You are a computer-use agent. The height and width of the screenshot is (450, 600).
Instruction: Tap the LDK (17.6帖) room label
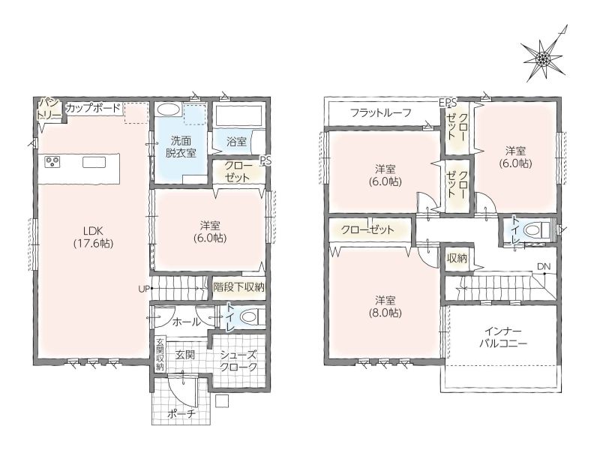[93, 236]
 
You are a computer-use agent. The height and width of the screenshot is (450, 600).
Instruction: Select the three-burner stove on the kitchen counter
[52, 162]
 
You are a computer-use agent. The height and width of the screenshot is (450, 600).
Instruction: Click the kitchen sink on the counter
[91, 163]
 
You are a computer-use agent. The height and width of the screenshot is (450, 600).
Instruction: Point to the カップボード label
[94, 108]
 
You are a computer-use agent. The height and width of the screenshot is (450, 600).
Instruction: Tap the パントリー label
[49, 109]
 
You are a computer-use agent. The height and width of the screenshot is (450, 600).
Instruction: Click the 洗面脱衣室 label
[181, 147]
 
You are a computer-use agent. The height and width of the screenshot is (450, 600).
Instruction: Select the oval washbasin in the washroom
[169, 109]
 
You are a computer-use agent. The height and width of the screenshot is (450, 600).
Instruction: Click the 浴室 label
[236, 142]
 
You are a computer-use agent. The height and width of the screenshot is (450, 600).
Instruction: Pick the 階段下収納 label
[238, 287]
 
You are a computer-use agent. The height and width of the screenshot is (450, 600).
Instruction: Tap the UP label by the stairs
[143, 289]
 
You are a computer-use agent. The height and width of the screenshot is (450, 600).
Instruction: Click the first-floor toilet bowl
[249, 316]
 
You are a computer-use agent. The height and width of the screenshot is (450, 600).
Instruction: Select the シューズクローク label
[238, 361]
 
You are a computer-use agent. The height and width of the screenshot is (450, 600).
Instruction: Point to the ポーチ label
[181, 414]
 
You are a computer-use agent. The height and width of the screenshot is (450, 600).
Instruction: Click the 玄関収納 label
[160, 355]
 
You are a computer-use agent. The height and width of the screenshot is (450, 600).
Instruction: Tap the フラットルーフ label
[381, 112]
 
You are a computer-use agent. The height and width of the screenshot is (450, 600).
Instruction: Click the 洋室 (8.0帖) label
[385, 307]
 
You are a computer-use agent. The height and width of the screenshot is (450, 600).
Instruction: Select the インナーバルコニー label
[503, 337]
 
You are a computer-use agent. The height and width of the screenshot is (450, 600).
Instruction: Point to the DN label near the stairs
[544, 266]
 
